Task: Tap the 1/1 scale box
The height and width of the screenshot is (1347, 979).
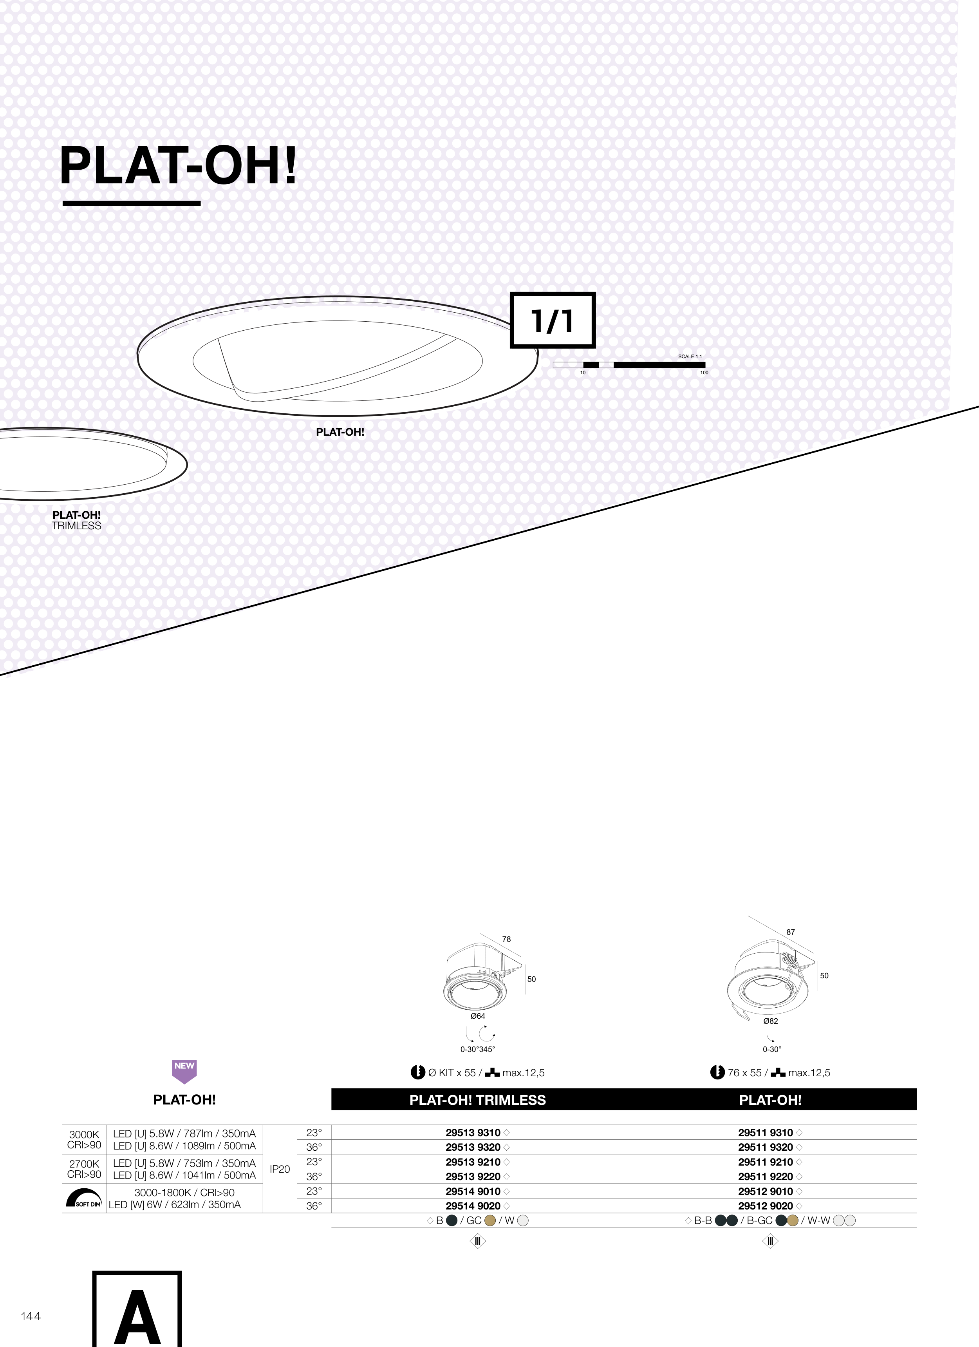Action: coord(553,320)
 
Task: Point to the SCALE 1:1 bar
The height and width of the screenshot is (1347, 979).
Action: coord(629,365)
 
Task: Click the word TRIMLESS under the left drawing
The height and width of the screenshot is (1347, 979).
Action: coord(77,526)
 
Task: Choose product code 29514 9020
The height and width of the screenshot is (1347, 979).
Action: coord(473,1206)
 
